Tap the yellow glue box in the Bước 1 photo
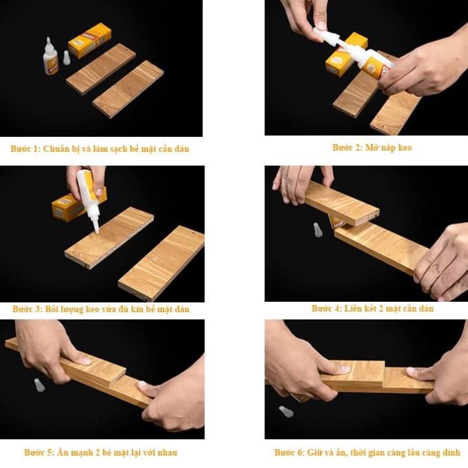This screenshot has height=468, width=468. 89,40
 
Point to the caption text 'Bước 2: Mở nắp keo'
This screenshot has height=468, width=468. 372,147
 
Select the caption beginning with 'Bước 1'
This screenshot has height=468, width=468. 99,149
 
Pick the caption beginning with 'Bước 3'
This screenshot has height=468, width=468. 101,309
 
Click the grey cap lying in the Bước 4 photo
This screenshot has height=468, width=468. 317,230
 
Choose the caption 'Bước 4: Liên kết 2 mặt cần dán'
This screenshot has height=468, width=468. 372,308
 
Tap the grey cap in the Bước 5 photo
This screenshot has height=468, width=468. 40,384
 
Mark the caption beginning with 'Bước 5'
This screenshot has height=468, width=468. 100,452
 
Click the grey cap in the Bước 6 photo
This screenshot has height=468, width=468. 286,412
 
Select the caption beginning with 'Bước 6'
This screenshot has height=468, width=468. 367,452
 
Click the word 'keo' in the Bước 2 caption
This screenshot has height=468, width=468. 405,147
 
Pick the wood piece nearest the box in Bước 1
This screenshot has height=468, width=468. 101,68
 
